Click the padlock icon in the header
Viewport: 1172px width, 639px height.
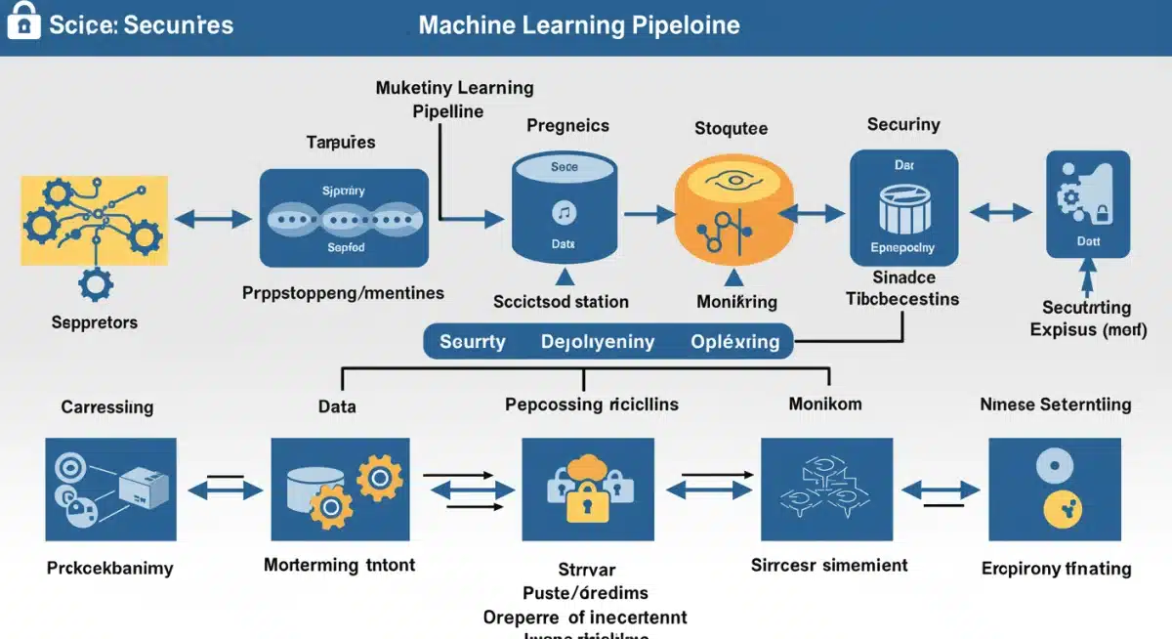(24, 21)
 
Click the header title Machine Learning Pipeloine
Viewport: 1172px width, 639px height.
(578, 25)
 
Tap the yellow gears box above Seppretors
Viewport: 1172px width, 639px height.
(94, 220)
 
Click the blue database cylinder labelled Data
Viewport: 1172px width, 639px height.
(564, 211)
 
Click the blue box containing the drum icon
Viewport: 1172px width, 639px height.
(902, 209)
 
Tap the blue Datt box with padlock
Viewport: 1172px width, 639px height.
(1087, 204)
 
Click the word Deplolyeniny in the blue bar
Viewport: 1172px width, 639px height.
(597, 342)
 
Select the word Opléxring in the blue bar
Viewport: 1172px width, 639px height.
(734, 342)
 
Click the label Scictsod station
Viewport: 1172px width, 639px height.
(561, 302)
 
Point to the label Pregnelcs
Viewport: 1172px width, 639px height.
(567, 126)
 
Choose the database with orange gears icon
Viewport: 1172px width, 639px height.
(339, 490)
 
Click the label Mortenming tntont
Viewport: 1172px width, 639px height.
(339, 565)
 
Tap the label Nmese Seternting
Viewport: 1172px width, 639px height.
(1056, 404)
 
